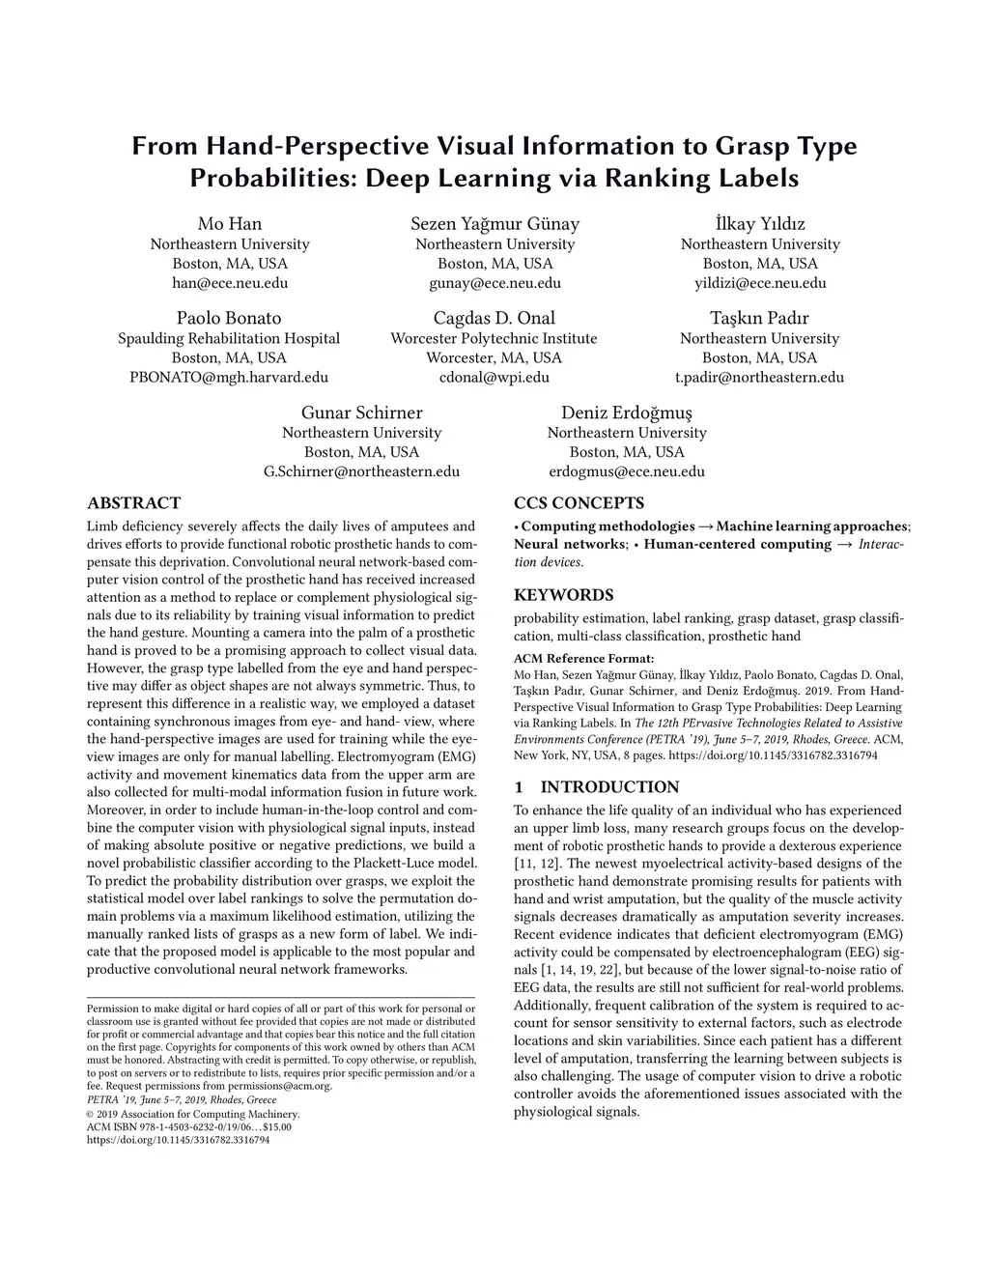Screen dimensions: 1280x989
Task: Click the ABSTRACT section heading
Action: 133,503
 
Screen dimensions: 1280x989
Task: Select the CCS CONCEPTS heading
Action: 579,503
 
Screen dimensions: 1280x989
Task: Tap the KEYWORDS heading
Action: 563,595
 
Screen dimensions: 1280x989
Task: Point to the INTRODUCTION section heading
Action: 609,787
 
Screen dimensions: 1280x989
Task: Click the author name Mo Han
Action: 230,224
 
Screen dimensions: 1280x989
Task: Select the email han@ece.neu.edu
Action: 230,283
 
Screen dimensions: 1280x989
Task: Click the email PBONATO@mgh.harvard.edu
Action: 229,377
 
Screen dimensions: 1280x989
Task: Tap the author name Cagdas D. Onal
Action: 494,318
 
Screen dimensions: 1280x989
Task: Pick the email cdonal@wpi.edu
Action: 494,377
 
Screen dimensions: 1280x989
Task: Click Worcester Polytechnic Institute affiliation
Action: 494,338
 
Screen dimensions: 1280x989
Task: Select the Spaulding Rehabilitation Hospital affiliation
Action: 229,338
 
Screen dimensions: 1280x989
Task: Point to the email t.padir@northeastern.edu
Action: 759,377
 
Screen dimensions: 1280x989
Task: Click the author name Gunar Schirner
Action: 361,412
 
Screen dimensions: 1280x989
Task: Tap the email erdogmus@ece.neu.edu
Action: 627,471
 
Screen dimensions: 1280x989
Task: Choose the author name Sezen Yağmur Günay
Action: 494,224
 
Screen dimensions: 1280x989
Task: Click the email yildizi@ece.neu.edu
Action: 760,283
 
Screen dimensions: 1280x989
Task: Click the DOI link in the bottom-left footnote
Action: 178,1140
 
